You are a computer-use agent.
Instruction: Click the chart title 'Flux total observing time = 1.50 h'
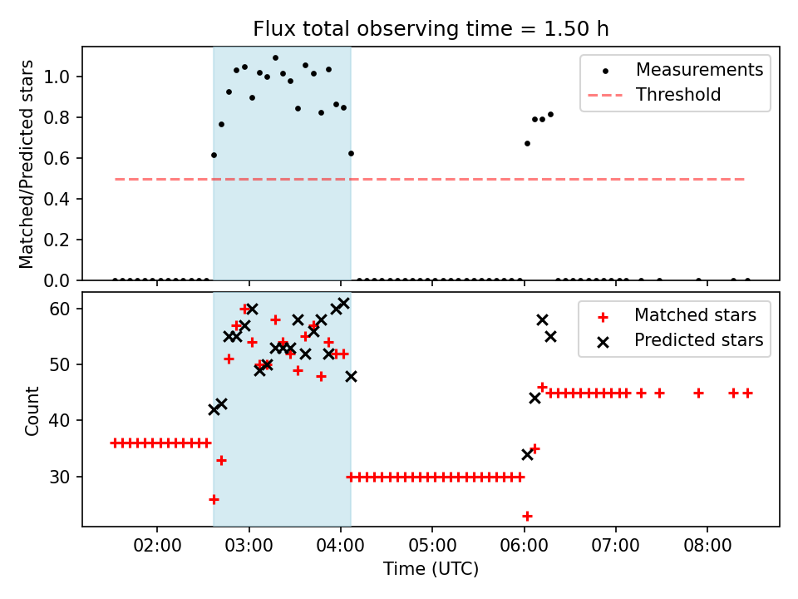coord(431,29)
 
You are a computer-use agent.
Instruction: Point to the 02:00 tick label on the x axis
coord(157,546)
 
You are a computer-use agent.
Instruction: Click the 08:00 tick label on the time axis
coord(707,546)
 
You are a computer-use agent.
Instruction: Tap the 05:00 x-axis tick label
coord(432,546)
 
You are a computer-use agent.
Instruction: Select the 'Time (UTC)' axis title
coord(431,569)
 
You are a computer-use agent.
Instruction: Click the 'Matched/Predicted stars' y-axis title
coord(26,164)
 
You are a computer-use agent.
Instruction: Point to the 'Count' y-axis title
coord(32,411)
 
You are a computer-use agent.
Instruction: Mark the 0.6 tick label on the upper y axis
coord(57,158)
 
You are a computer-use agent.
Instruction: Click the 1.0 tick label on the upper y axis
coord(57,77)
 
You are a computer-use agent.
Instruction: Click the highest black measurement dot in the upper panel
coord(275,58)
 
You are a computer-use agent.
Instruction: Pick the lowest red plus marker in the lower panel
coord(527,516)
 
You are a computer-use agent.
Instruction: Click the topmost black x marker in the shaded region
coord(343,304)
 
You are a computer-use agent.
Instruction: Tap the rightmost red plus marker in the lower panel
coord(747,394)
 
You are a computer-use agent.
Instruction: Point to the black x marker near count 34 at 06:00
coord(527,454)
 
